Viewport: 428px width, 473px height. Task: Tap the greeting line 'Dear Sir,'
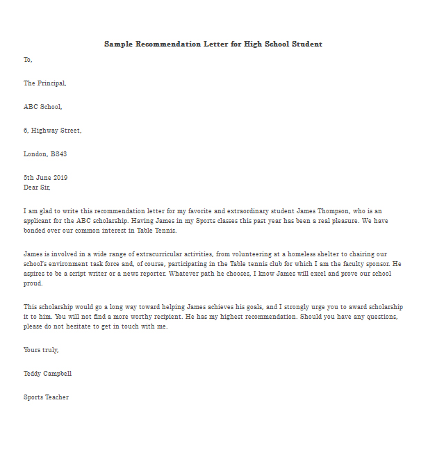tap(37, 187)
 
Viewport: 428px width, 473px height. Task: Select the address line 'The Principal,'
tap(45, 83)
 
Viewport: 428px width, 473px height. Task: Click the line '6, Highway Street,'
tap(53, 131)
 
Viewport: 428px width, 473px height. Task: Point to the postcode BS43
tap(58, 154)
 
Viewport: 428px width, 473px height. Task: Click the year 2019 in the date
tap(61, 178)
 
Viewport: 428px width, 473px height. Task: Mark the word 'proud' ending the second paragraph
tap(33, 283)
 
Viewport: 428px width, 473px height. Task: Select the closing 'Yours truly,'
tap(41, 350)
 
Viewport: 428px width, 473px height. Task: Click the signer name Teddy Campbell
tap(47, 374)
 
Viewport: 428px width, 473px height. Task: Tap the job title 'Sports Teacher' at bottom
tap(46, 397)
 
